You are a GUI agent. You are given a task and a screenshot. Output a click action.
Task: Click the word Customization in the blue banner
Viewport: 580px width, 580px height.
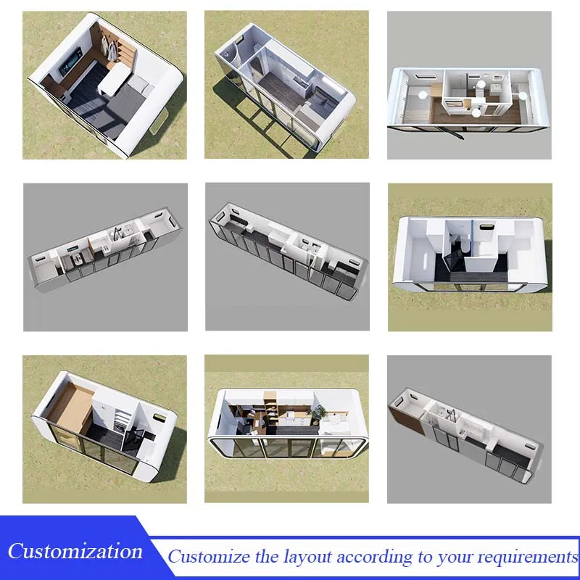(75, 551)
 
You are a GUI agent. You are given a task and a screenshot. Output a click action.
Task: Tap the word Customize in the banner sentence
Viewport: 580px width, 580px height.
(209, 556)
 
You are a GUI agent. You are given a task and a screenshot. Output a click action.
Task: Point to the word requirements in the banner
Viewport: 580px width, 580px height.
(528, 557)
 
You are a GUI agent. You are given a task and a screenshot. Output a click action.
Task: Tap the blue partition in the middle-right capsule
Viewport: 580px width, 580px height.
(473, 237)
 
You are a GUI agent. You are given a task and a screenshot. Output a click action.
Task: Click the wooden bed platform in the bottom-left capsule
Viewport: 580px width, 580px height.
(70, 402)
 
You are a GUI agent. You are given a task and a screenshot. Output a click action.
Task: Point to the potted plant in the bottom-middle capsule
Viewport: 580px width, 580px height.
(318, 413)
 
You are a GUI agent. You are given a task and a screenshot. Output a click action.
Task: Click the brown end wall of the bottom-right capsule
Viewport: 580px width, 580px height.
(406, 420)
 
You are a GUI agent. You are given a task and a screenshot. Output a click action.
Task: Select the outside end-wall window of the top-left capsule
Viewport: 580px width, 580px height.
(158, 121)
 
